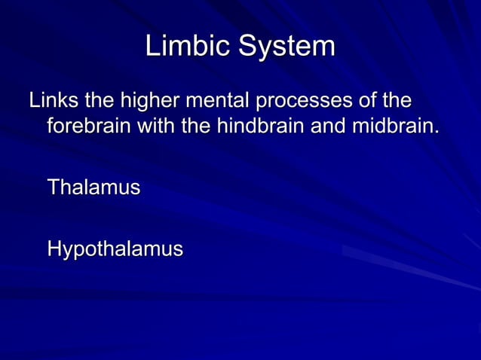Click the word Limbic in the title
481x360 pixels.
[x=188, y=46]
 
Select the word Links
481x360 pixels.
[x=52, y=100]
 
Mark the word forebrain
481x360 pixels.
[x=90, y=125]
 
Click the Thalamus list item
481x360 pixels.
[x=93, y=187]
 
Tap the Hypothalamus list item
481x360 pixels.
[x=115, y=249]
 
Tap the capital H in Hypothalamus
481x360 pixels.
[x=54, y=249]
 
